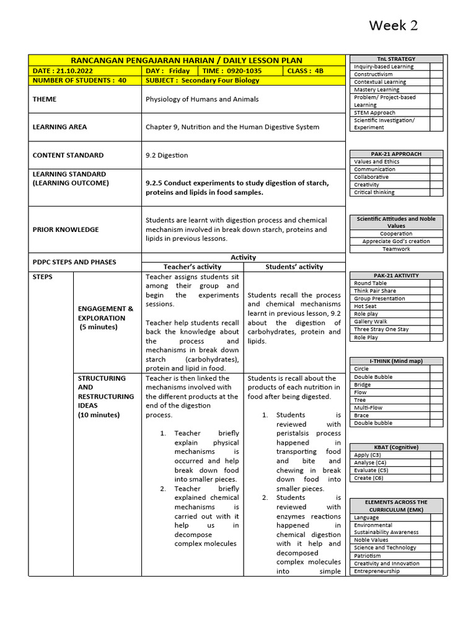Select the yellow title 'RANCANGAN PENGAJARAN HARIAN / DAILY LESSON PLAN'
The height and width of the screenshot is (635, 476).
coord(187,60)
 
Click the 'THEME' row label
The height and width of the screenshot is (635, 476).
coord(44,99)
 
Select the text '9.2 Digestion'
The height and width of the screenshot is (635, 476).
coord(167,155)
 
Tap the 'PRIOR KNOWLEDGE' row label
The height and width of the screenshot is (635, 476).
coord(66,229)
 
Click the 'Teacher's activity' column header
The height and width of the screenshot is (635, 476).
coord(192,267)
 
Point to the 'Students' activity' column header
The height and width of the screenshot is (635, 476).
coord(294,267)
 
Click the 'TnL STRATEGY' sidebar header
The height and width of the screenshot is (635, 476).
coord(396,59)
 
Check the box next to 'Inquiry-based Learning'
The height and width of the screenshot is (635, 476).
coord(436,66)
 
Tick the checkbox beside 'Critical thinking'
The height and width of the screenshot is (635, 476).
coord(436,192)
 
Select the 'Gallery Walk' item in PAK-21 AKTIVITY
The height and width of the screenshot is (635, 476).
coord(371,322)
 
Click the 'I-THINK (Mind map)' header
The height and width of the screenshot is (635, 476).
coord(396,361)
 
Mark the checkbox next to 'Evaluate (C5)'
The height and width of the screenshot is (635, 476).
coord(436,470)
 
